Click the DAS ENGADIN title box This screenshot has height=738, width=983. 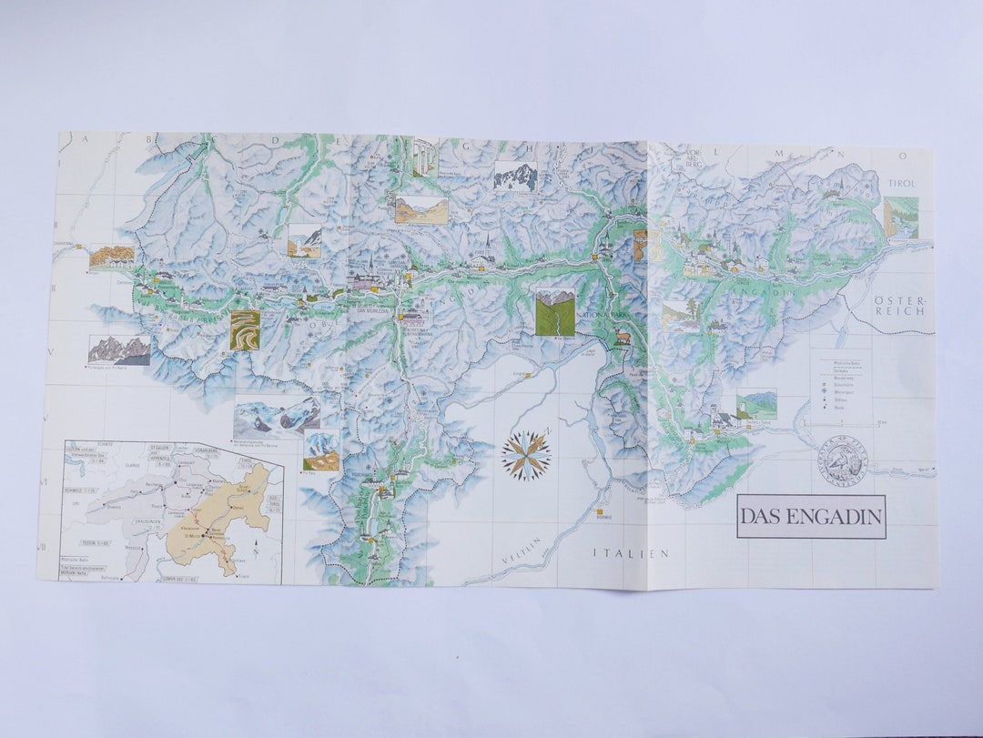pyautogui.click(x=811, y=516)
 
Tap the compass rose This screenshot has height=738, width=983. pyautogui.click(x=526, y=455)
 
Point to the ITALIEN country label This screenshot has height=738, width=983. pyautogui.click(x=631, y=552)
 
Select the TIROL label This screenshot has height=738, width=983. pyautogui.click(x=901, y=184)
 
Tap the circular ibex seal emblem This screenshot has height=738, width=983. pyautogui.click(x=841, y=460)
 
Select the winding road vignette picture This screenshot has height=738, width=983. pyautogui.click(x=245, y=330)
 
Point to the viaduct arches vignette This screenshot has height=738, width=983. pyautogui.click(x=425, y=157)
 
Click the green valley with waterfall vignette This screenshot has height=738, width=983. pyautogui.click(x=555, y=312)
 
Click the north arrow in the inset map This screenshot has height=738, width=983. pyautogui.click(x=258, y=547)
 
